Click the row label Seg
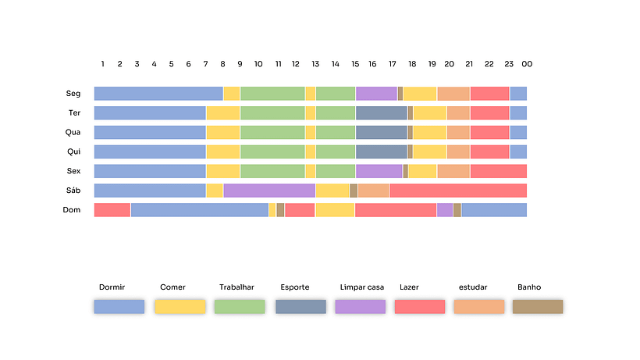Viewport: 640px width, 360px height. pos(73,94)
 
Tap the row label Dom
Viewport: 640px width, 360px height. pos(72,210)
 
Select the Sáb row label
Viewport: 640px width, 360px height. pos(73,191)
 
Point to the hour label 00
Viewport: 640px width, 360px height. pos(527,64)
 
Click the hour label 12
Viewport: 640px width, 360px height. pos(296,64)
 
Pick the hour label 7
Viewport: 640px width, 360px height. pos(205,64)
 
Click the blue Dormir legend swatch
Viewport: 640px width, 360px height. pos(119,307)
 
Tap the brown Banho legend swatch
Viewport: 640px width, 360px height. pos(538,307)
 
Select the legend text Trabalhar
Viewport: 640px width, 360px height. pos(236,287)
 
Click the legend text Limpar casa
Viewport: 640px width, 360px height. pos(362,287)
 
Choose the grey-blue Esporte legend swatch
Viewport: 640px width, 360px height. pos(300,307)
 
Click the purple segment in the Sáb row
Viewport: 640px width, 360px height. pos(269,191)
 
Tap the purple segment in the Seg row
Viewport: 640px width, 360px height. pos(376,94)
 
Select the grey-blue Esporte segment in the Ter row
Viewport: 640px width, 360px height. pos(381,113)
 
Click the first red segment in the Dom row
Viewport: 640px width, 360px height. pos(112,210)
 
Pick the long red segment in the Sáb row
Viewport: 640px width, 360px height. pos(458,191)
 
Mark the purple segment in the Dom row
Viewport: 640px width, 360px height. pos(444,210)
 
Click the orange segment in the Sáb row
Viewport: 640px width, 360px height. pos(373,191)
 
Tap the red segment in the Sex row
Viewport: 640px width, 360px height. pos(498,171)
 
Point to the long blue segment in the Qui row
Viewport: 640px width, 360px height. pos(150,151)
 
